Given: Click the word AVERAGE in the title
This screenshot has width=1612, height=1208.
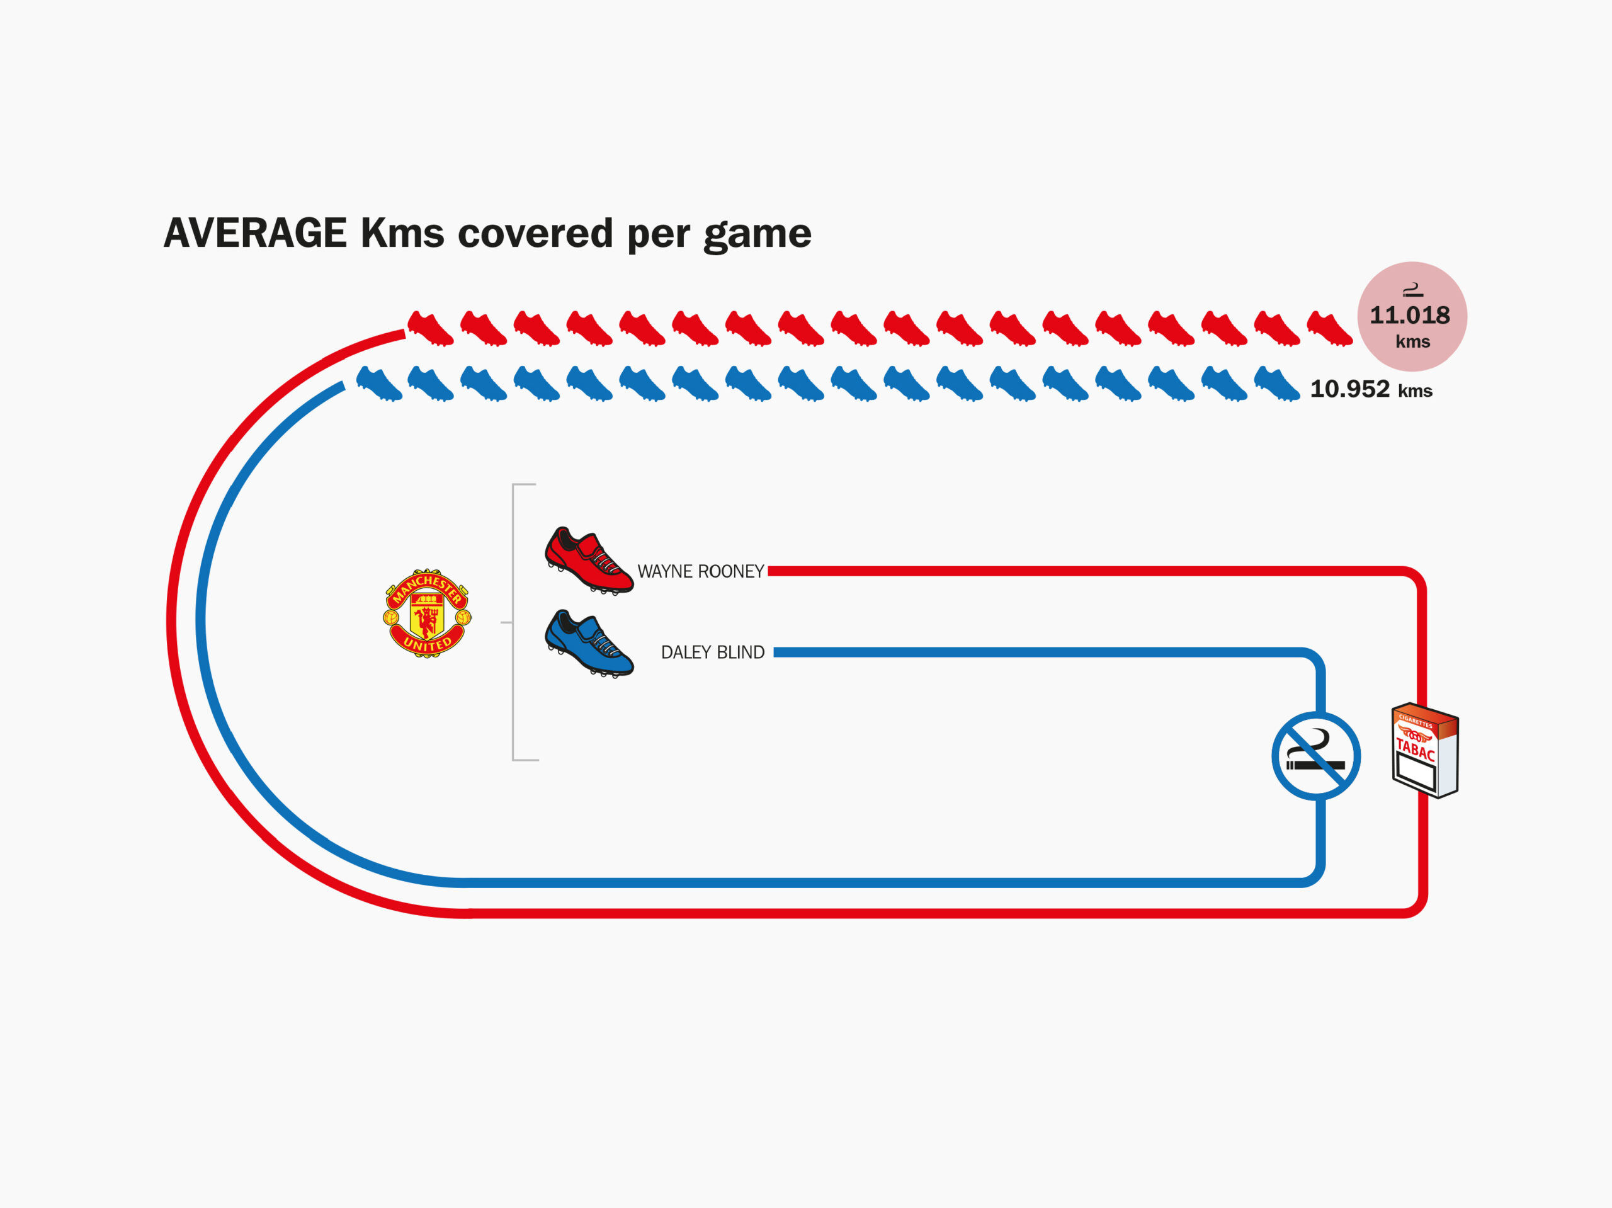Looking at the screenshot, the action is pos(254,233).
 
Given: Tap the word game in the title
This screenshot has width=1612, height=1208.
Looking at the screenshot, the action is pos(757,236).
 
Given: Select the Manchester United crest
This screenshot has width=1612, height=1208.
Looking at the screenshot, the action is pos(427,613).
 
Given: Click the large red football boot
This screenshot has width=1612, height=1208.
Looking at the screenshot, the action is pos(589,560).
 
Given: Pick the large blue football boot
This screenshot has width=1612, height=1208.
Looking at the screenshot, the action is pos(589,643).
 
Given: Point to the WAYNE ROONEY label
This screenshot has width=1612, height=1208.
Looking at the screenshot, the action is pos(700,571).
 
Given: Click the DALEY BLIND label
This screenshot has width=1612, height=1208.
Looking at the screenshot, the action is pos(712,652).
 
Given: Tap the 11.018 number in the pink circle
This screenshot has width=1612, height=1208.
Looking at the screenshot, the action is pos(1409,315).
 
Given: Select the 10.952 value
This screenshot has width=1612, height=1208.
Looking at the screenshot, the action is pos(1349,389).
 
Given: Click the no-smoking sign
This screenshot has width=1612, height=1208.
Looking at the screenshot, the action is pos(1316,756).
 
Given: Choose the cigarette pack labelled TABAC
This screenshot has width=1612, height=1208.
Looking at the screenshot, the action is pos(1425,750).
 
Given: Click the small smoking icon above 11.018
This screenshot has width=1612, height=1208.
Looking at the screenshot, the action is pos(1412,290).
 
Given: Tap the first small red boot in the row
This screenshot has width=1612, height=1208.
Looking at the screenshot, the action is pos(430,328).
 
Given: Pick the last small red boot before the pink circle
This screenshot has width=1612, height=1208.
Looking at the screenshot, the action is pos(1329,328).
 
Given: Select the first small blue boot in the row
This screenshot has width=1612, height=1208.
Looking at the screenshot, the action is pos(379,384).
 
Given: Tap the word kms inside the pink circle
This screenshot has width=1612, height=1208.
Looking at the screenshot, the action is pos(1412,342).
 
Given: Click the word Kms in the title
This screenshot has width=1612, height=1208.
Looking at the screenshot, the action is pos(402,233).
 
